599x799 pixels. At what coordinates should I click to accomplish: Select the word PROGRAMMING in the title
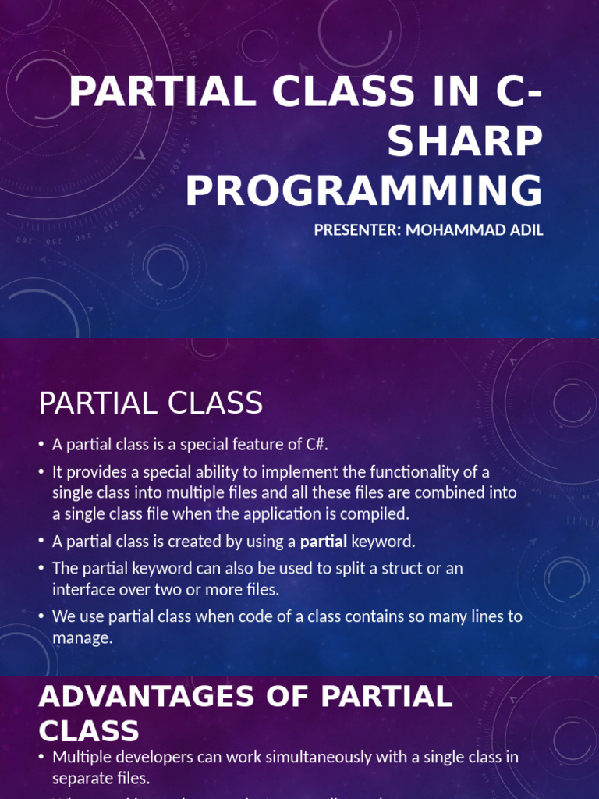363,192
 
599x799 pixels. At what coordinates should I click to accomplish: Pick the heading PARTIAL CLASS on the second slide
151,403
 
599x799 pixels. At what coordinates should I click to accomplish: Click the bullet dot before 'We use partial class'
41,617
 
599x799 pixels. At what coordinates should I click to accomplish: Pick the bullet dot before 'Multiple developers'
41,758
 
